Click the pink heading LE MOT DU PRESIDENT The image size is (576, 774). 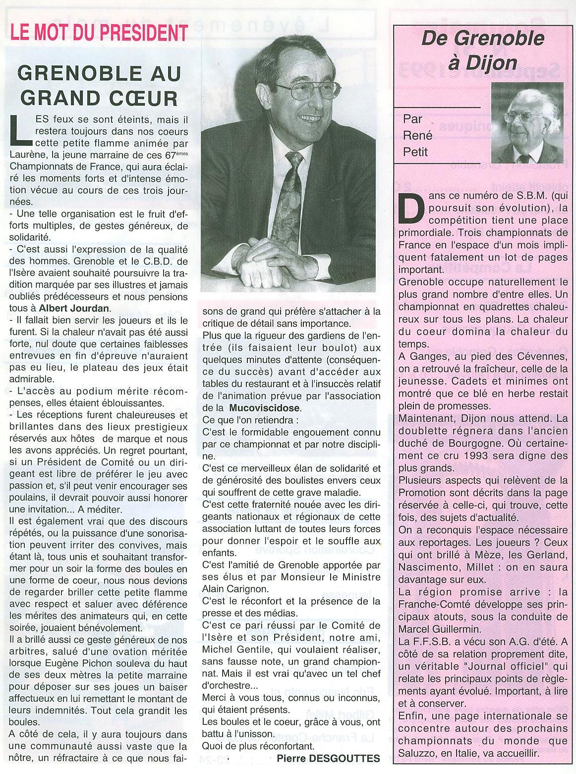tap(99, 32)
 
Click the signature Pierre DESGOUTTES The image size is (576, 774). tap(328, 758)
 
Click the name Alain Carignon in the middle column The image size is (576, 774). tap(235, 589)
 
